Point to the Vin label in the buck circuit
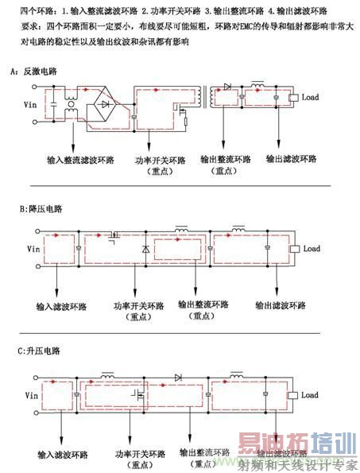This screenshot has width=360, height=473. [33, 249]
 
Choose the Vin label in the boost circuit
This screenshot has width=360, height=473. [33, 394]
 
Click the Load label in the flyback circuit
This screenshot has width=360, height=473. [311, 97]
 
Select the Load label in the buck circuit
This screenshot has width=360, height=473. [312, 249]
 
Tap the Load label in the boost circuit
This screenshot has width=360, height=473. [310, 394]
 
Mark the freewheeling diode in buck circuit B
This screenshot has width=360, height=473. [145, 250]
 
